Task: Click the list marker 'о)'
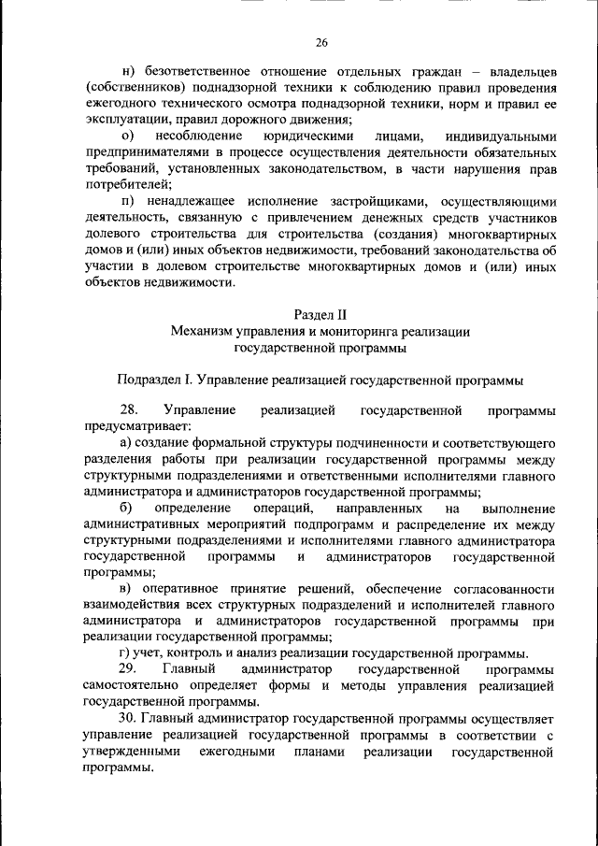(x=128, y=136)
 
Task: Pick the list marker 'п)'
(x=128, y=203)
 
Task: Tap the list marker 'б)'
(x=128, y=508)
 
